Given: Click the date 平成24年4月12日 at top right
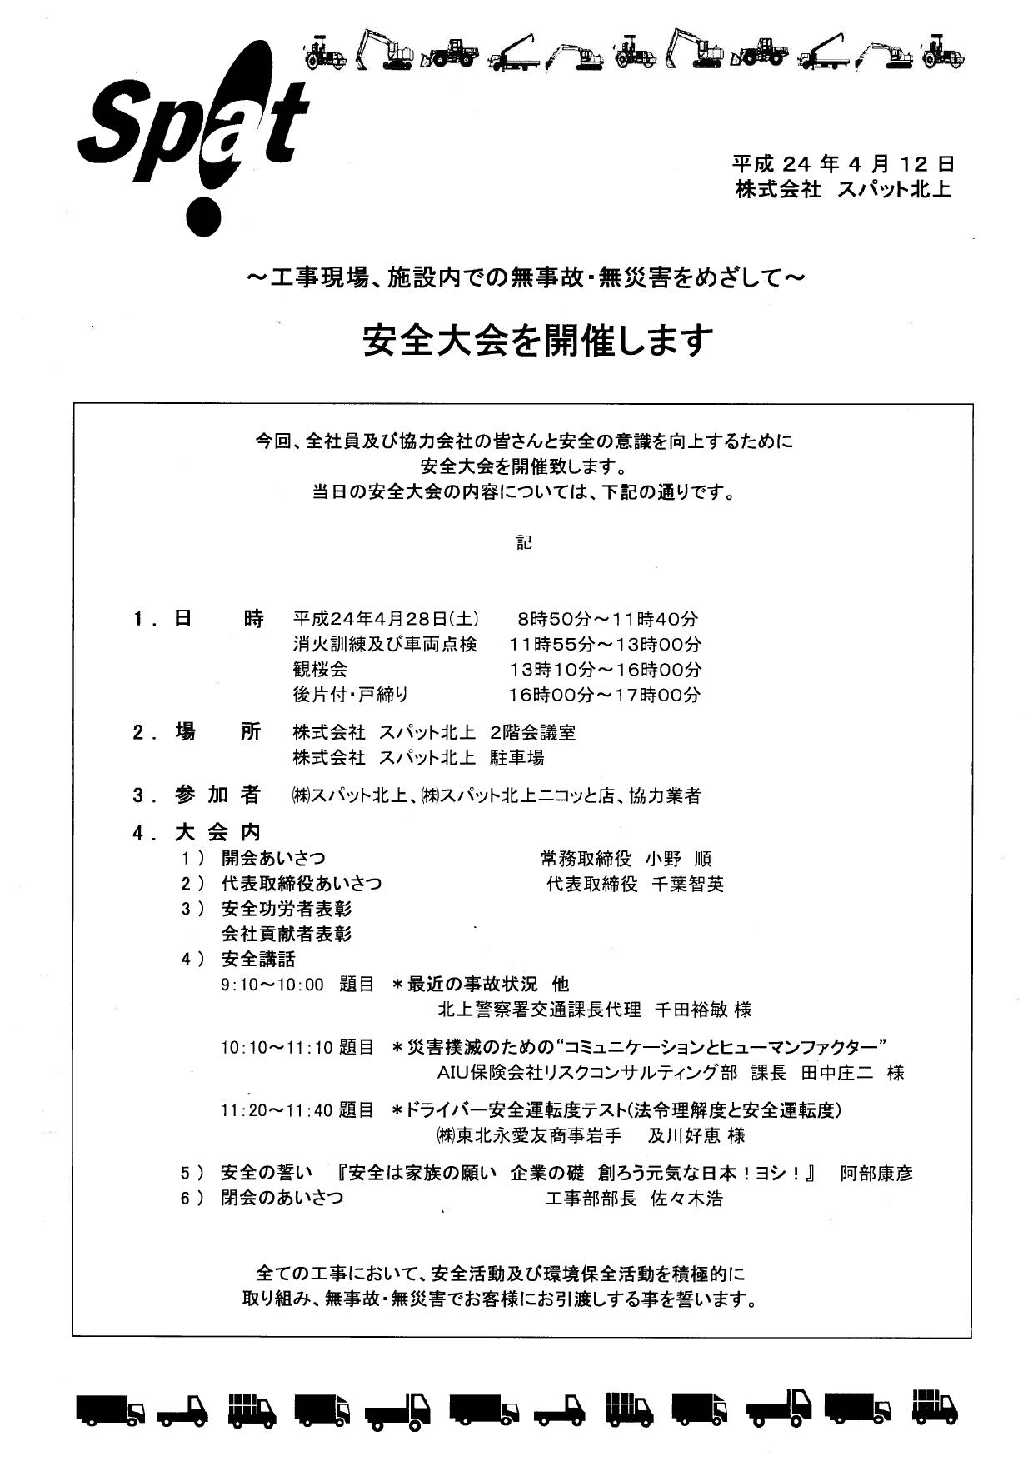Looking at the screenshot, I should coord(842,163).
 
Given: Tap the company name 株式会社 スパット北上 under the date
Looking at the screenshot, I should coord(842,190).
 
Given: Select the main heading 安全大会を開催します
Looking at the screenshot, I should coord(538,340).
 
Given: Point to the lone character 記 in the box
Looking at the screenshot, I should coord(524,542).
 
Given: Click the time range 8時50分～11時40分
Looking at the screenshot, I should coord(607,619).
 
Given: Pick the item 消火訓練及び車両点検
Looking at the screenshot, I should coord(384,644).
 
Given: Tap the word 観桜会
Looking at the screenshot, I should coord(320,669).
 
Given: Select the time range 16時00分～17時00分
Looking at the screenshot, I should coord(605,695).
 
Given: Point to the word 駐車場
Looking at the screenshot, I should coord(517,758).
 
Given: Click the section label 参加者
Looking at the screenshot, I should coord(217,795).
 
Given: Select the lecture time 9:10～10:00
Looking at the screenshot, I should coord(272,985).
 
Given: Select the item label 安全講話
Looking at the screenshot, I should coord(257,960).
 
